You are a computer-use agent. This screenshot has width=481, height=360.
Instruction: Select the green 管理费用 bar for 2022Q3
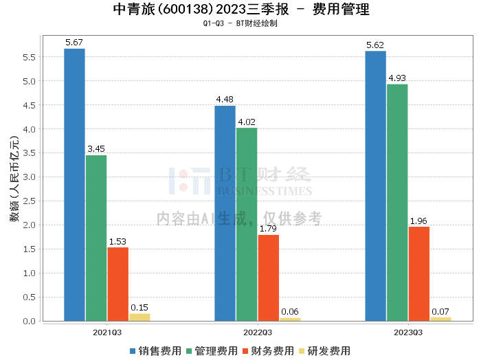pos(247,224)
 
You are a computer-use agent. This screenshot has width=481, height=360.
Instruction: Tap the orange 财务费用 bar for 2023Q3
pos(418,273)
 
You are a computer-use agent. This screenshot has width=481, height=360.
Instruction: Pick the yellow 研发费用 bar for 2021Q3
pos(139,317)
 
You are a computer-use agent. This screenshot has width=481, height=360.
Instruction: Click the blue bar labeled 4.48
pos(225,213)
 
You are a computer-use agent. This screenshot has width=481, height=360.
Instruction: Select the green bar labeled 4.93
pos(397,202)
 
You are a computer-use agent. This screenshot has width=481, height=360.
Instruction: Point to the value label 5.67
pos(74,43)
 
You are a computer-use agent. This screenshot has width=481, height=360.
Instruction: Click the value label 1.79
pos(268,229)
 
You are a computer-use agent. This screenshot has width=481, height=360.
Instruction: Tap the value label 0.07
pos(440,311)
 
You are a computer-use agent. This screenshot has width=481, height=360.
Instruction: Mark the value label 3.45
pos(96,149)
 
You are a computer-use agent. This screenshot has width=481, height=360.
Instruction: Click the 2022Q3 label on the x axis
pos(246,332)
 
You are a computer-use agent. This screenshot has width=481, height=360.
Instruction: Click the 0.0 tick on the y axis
pos(28,322)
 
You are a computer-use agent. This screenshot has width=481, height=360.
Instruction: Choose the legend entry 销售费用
pos(156,350)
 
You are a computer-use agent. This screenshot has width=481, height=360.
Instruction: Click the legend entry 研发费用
pos(324,350)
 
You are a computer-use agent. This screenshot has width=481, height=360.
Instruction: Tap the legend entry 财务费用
pos(269,350)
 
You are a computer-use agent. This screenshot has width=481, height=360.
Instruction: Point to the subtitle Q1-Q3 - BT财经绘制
pos(240,23)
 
